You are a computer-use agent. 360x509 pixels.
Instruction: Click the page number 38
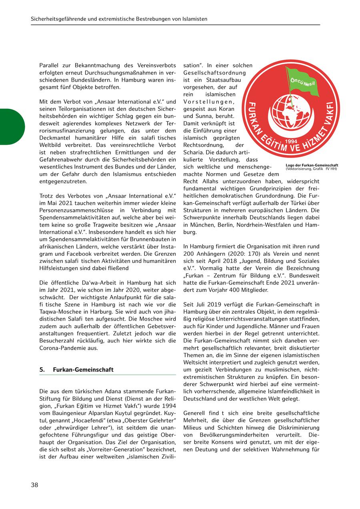tap(35, 485)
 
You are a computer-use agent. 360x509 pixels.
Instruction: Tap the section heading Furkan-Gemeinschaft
tap(83, 370)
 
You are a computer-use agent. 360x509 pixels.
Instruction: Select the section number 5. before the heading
tap(42, 370)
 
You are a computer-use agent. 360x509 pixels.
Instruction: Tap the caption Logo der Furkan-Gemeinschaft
tap(312, 165)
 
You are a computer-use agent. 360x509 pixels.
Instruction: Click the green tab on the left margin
tap(12, 126)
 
